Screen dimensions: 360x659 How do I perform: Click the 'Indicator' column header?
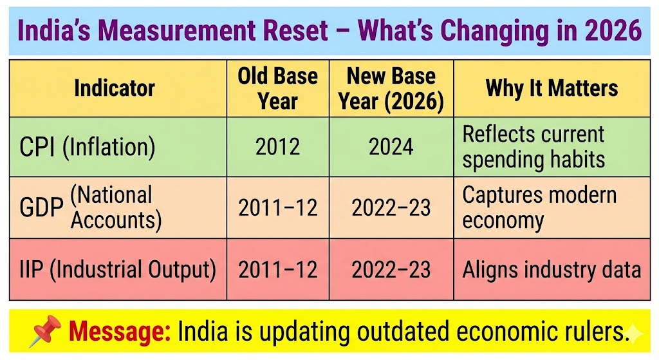click(115, 88)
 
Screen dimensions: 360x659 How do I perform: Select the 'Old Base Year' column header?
click(277, 88)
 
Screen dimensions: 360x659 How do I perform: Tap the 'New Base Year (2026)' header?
click(391, 88)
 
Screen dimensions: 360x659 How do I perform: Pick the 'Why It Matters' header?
click(552, 88)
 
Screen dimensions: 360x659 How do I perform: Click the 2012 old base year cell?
click(277, 147)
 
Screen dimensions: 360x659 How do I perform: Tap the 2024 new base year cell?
click(391, 147)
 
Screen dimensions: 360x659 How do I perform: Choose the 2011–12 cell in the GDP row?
click(277, 207)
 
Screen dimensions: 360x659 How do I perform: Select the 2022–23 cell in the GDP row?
click(391, 207)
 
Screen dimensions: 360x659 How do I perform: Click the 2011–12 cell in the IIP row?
click(277, 269)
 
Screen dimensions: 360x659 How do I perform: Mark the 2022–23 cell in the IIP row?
click(391, 269)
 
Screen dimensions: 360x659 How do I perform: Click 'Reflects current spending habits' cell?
click(534, 147)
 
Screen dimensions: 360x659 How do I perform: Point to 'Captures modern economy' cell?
click(539, 207)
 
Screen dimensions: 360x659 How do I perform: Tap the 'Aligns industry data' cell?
click(552, 269)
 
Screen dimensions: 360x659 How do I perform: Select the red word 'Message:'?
click(120, 332)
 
